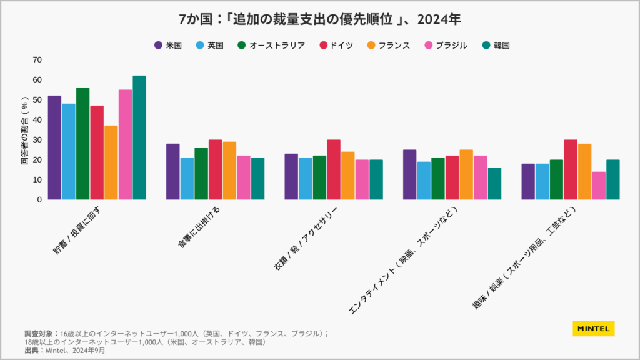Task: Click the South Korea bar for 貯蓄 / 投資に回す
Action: [139, 137]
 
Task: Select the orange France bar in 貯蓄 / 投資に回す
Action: [111, 162]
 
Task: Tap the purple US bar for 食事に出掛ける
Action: [173, 172]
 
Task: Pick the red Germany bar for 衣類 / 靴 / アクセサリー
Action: [334, 169]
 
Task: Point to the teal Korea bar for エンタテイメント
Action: [494, 184]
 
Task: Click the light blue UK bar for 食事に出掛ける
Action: [187, 179]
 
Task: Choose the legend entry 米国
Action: [167, 45]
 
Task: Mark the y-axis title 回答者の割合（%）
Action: [24, 130]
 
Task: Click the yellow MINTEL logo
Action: [593, 328]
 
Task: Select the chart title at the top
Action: [320, 19]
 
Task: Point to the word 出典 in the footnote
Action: [32, 351]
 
